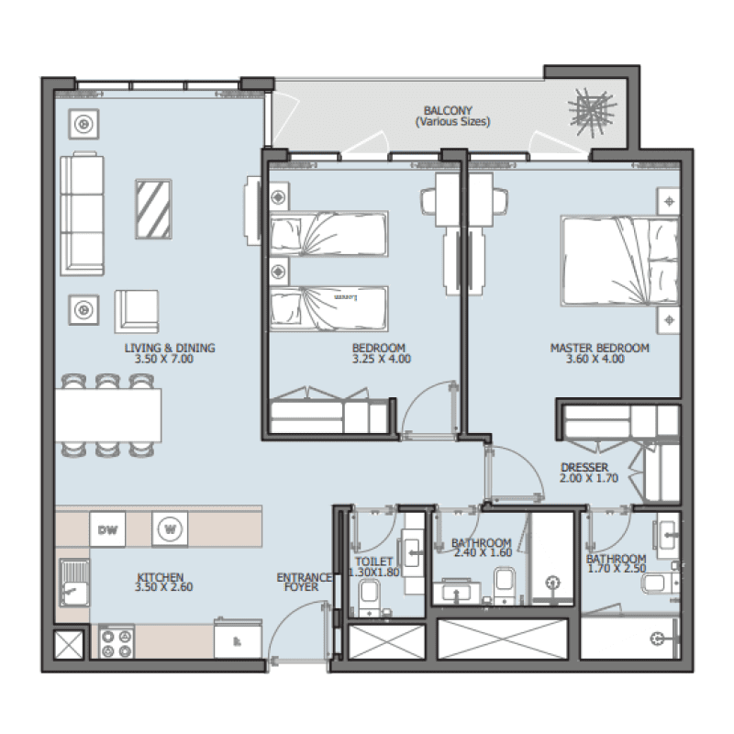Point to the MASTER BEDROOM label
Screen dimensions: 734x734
point(599,348)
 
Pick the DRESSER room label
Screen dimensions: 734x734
point(584,467)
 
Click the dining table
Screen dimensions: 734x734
point(108,414)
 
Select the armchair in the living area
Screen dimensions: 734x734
point(135,310)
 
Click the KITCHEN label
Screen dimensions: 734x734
point(161,576)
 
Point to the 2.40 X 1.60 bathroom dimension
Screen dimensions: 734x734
point(481,553)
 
